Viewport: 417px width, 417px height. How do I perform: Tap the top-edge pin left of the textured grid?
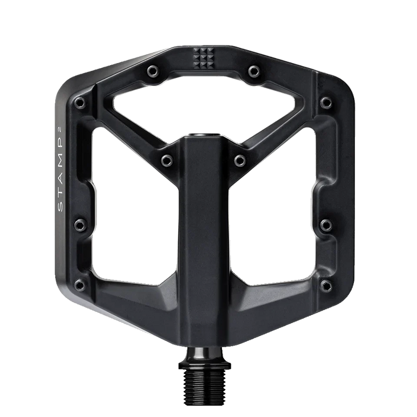(x=153, y=71)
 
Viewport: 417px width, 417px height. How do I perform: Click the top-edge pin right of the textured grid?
(x=254, y=71)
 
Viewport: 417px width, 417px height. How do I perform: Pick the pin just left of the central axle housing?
(x=167, y=160)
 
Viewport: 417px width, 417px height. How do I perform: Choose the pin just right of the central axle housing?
(x=240, y=161)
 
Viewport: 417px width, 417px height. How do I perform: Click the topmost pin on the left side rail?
(x=80, y=102)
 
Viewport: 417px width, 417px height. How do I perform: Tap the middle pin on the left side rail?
(x=80, y=225)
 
